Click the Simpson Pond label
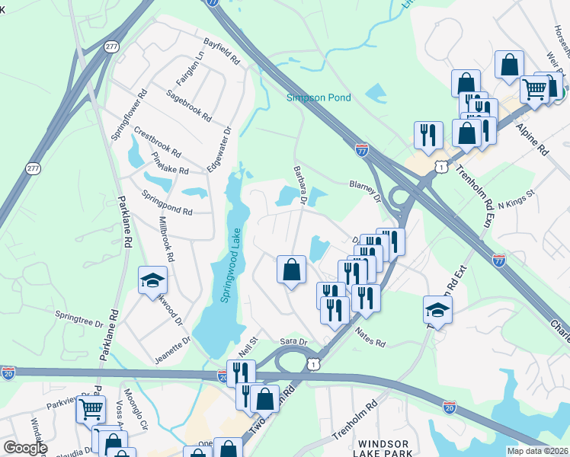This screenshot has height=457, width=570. click(x=319, y=97)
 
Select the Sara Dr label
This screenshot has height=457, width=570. click(x=293, y=344)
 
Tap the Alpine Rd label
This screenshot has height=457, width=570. click(x=538, y=139)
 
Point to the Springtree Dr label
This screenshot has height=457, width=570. click(x=78, y=318)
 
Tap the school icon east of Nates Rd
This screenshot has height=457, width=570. click(x=438, y=309)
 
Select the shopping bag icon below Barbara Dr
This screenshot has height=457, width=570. click(x=291, y=269)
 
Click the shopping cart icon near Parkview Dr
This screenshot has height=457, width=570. click(x=91, y=409)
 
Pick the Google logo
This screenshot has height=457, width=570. click(x=25, y=448)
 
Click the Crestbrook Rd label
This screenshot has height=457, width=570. click(x=157, y=142)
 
